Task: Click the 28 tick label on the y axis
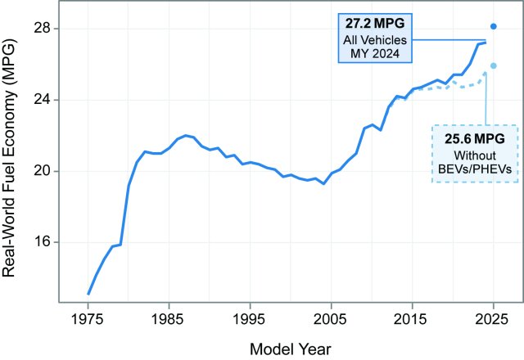[x=40, y=29]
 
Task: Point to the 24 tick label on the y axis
[x=40, y=100]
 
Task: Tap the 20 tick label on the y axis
[x=40, y=171]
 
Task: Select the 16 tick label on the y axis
[x=40, y=242]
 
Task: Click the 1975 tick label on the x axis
[x=88, y=317]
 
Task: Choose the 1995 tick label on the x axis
[x=250, y=317]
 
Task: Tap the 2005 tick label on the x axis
[x=331, y=317]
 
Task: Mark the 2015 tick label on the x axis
[x=412, y=317]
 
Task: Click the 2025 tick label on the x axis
[x=493, y=317]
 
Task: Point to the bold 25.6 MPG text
[x=476, y=140]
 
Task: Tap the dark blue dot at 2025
[x=493, y=26]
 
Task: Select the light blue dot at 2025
[x=493, y=65]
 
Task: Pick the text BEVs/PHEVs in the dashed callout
[x=476, y=169]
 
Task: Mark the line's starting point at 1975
[x=88, y=293]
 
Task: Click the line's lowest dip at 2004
[x=323, y=183]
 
